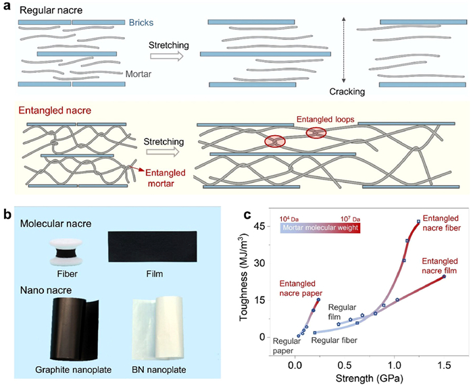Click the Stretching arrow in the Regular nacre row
[168, 57]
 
